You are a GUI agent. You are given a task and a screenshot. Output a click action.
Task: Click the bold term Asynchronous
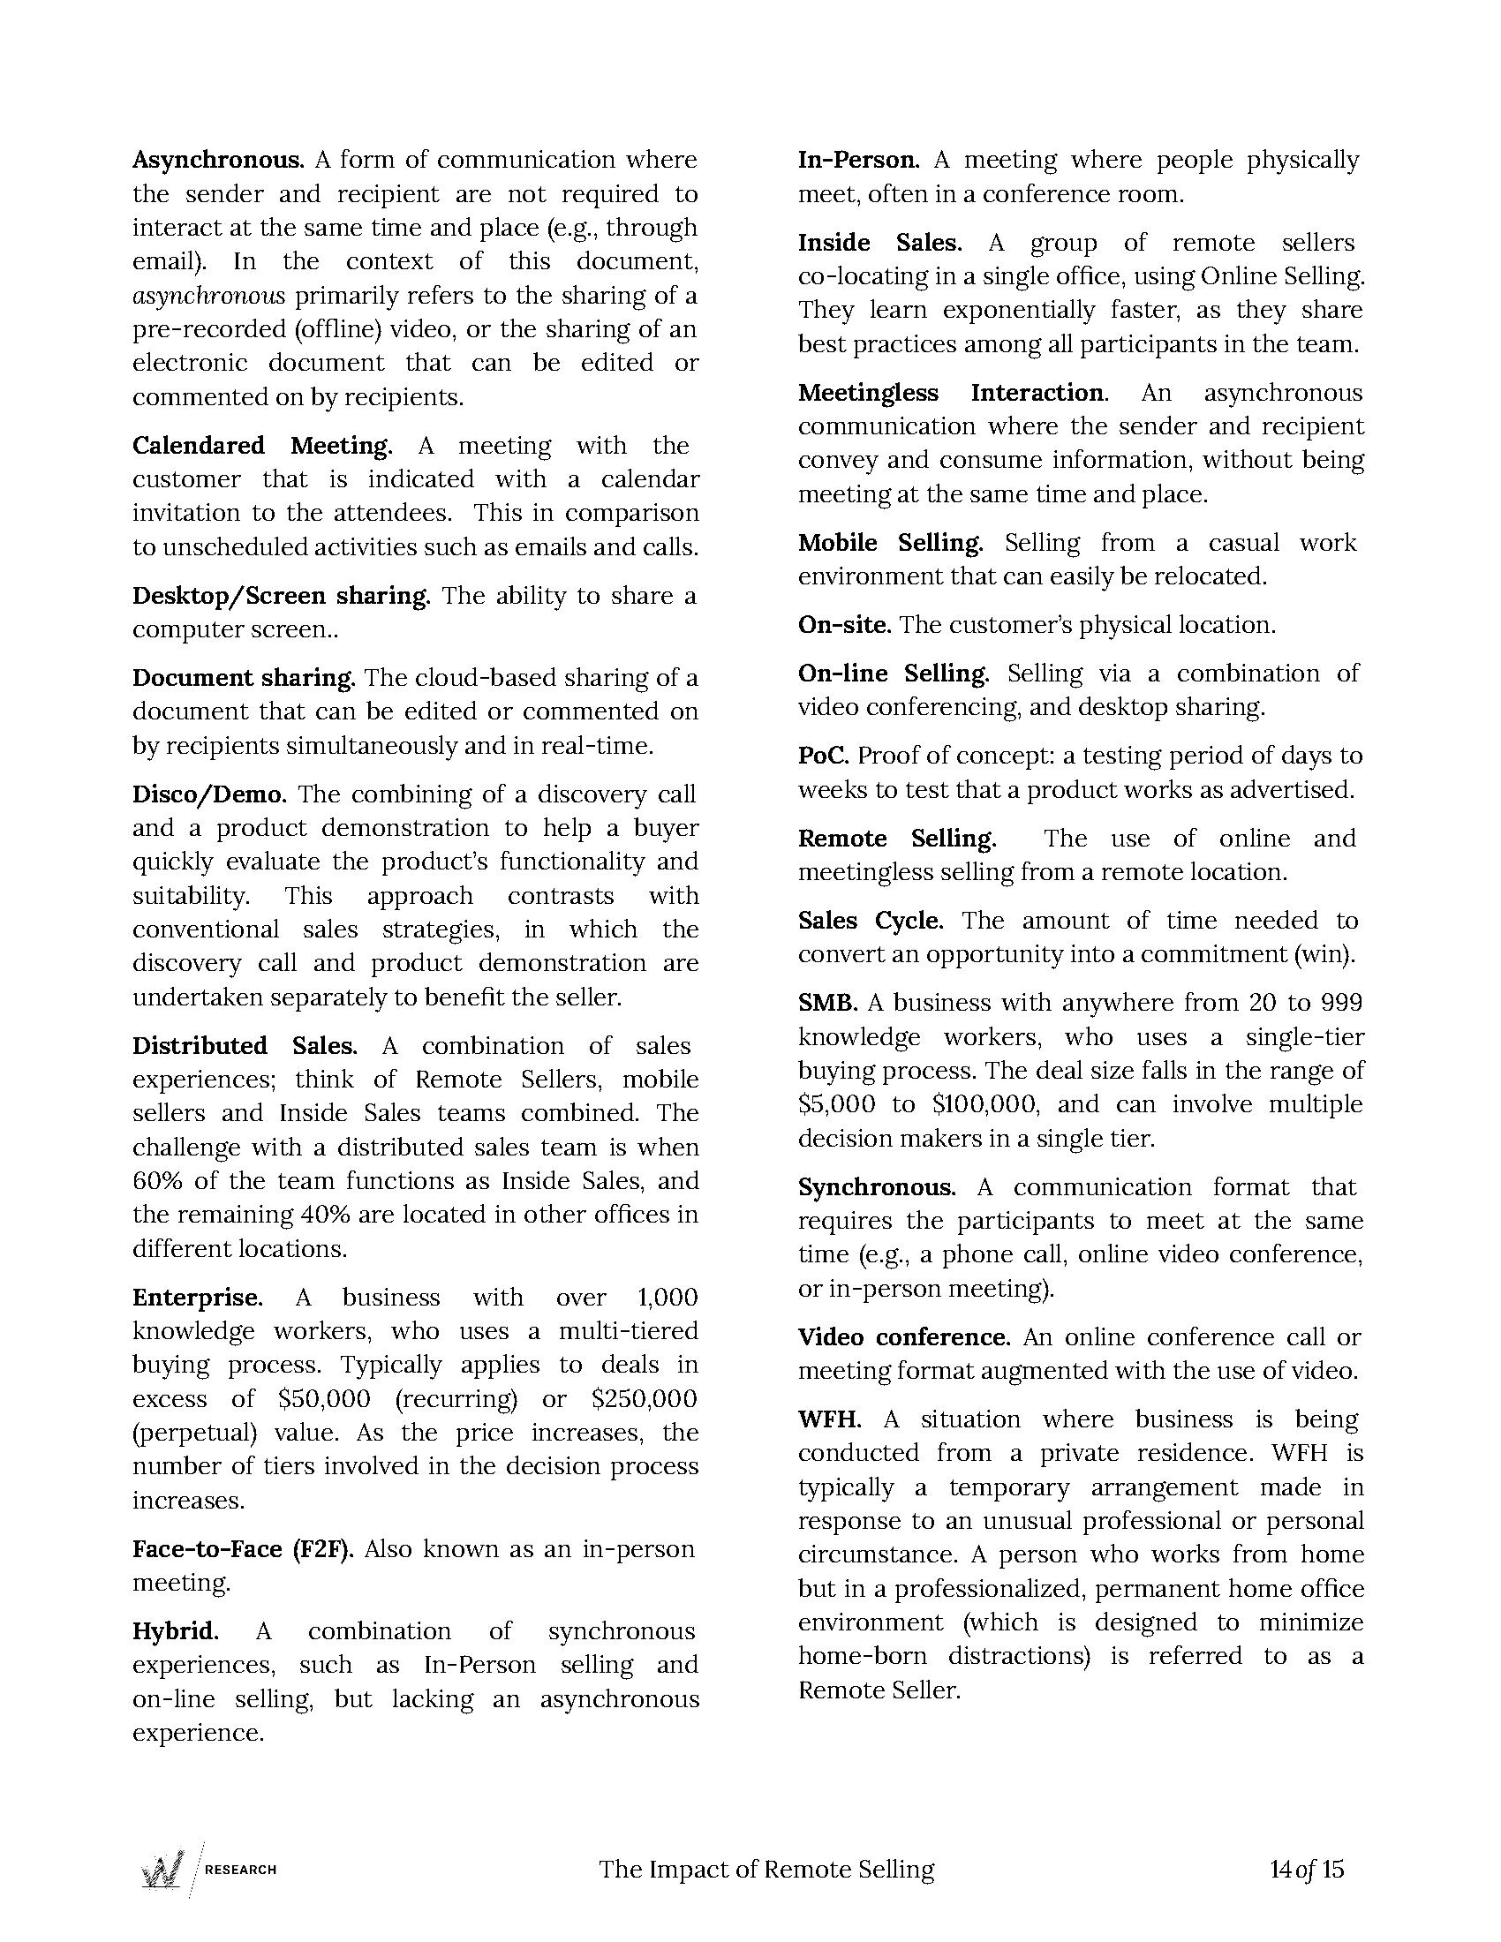point(219,160)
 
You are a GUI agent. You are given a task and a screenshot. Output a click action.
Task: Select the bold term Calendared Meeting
point(262,446)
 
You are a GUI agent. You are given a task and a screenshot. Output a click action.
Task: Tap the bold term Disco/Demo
point(210,794)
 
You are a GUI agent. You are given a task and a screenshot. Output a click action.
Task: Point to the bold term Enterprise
point(198,1298)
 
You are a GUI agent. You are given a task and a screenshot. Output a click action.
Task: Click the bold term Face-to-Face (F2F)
point(243,1549)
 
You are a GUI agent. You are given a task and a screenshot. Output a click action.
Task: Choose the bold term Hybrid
point(175,1631)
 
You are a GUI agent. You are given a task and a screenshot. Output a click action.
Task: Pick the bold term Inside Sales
point(879,243)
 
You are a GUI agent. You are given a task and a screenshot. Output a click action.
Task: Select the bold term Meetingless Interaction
point(953,393)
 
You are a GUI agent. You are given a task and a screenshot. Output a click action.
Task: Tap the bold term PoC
point(824,756)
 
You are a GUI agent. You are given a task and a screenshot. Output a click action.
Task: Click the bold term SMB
point(827,1003)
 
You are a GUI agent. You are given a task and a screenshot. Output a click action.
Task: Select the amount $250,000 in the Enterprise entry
point(644,1399)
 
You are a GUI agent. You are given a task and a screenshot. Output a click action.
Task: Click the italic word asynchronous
point(209,295)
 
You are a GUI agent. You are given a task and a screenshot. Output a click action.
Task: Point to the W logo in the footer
point(162,1869)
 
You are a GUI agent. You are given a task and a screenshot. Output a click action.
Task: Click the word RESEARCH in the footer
point(241,1869)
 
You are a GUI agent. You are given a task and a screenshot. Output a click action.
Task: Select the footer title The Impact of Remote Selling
point(766,1869)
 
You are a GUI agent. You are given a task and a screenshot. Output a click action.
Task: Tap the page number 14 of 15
point(1307,1869)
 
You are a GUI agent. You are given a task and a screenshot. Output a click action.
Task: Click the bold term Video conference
point(903,1337)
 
